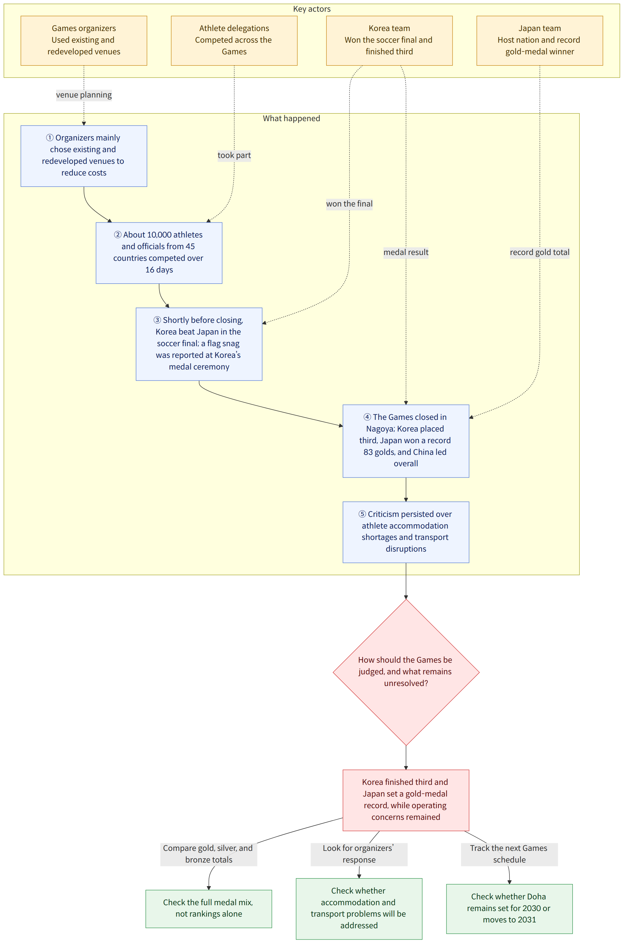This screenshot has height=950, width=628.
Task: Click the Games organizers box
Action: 84,41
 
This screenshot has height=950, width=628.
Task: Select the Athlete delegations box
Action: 234,41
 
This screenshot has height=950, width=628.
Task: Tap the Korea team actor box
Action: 389,41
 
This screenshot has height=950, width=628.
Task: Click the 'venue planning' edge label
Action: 84,95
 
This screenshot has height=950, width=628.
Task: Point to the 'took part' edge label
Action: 234,155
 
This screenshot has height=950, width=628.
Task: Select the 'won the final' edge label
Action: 349,204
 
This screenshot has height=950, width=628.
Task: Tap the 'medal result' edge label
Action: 406,252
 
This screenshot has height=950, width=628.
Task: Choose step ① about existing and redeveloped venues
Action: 84,156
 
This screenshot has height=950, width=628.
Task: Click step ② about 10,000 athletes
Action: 159,253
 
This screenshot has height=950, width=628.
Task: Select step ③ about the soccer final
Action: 199,344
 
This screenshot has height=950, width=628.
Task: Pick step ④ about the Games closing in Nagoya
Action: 406,441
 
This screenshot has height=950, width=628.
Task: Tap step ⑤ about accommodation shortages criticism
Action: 406,532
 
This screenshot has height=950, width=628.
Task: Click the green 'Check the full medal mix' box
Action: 209,908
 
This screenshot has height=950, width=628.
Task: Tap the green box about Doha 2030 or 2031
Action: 509,908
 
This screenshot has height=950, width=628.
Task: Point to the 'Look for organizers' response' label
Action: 359,854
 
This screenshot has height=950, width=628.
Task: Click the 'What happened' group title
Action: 291,118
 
